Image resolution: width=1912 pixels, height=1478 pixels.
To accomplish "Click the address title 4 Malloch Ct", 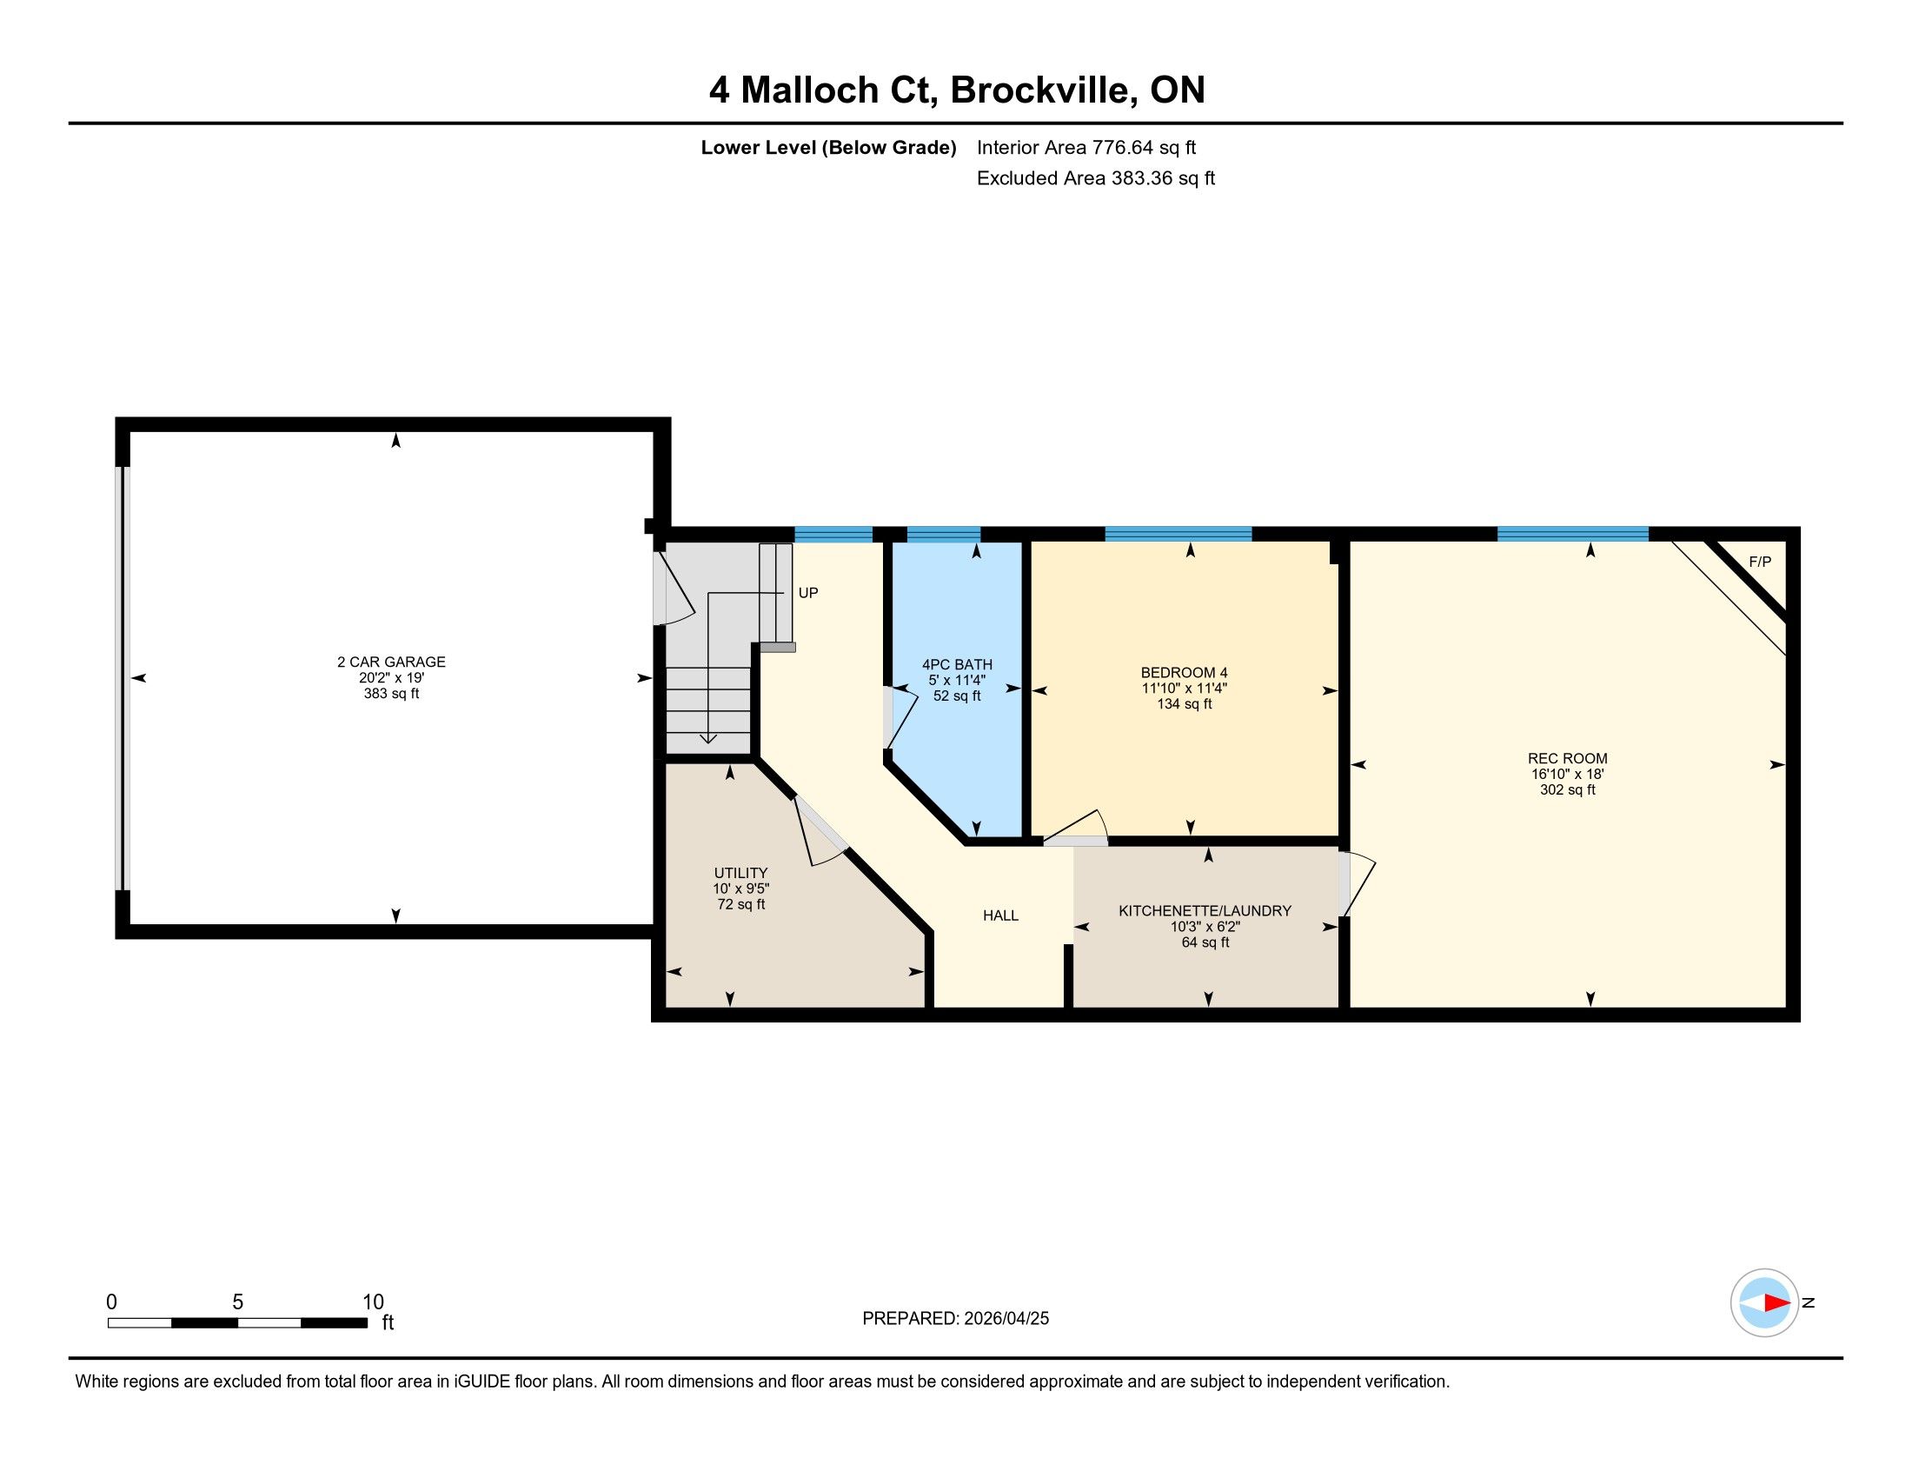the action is [x=823, y=91].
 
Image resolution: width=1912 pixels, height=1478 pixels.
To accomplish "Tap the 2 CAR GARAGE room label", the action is [x=391, y=662].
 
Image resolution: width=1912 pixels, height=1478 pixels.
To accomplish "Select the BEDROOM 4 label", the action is [x=1184, y=672].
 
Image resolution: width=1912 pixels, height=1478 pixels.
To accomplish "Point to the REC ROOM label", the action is [x=1567, y=758].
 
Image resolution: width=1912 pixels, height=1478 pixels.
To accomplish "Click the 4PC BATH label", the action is [x=957, y=664].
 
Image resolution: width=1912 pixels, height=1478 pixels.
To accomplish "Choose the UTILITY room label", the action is [x=740, y=873].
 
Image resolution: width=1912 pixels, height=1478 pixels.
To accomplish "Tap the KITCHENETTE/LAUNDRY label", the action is [x=1205, y=910].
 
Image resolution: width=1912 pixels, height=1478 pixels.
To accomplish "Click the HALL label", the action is [x=1000, y=915].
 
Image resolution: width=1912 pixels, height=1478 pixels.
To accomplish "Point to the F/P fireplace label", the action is [x=1760, y=563].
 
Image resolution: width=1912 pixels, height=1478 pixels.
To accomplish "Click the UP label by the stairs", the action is [x=808, y=593].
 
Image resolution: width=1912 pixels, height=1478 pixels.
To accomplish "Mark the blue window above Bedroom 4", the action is [x=1178, y=534].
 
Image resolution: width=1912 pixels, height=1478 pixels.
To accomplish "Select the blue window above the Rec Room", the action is [x=1573, y=534].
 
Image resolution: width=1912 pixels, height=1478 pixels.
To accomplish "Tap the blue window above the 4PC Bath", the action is [x=944, y=534].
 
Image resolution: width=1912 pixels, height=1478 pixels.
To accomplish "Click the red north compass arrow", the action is [x=1776, y=1302].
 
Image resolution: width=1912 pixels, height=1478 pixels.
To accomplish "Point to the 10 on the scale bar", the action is [x=373, y=1302].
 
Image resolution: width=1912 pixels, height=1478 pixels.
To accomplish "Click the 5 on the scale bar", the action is [x=237, y=1302].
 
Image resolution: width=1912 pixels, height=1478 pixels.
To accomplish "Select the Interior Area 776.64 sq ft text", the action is [x=1086, y=148].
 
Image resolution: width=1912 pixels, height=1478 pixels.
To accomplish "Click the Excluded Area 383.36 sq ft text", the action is [x=1096, y=178].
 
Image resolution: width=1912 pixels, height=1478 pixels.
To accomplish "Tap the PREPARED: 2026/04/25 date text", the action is [x=955, y=1319].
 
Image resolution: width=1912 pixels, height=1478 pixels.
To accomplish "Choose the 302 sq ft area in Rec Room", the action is [x=1567, y=789].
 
